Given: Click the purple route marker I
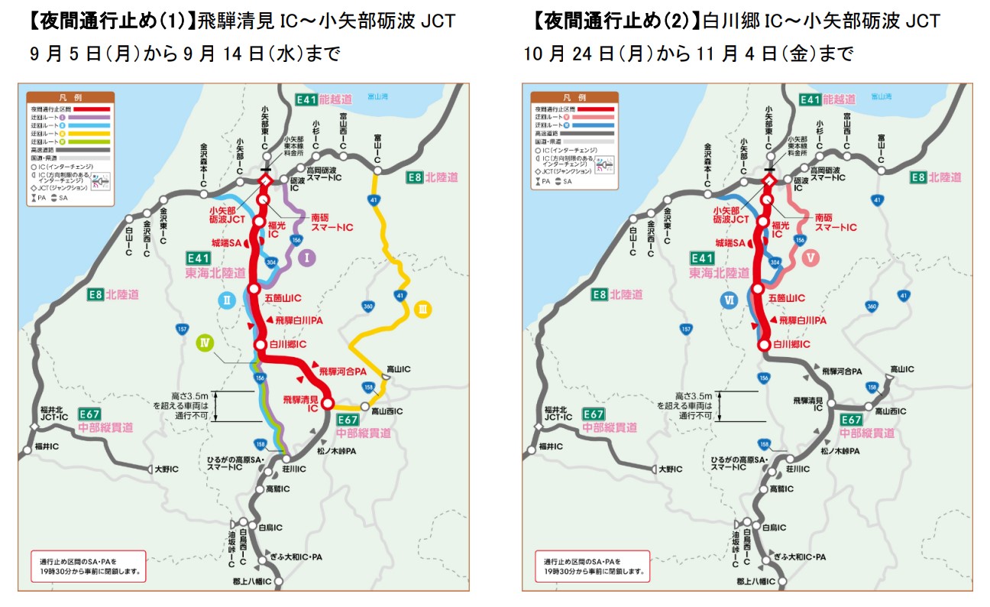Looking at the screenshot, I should [306, 258].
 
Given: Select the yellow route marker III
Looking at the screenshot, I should [422, 310].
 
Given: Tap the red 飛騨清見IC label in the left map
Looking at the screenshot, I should [299, 404].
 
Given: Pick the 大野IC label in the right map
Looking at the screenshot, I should [672, 469].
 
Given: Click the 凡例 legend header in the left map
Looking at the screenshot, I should [70, 98].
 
